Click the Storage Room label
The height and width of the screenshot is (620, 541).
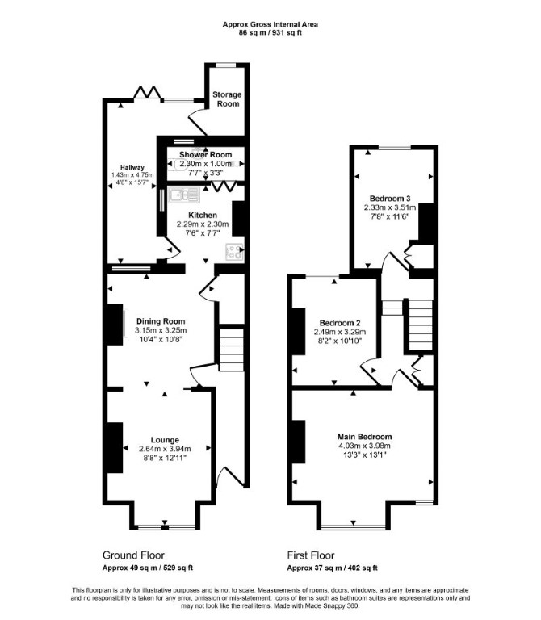coord(227,98)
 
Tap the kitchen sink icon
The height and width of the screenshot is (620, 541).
coord(184,195)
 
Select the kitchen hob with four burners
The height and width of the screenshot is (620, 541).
coord(234,252)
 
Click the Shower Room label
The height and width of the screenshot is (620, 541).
coord(205,155)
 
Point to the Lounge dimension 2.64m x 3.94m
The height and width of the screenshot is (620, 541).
coord(165,449)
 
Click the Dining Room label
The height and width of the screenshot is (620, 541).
coord(161,321)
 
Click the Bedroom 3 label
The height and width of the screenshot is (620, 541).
coord(390,199)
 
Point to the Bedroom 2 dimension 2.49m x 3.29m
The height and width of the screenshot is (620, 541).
coord(340,332)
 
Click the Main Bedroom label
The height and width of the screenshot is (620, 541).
coord(365,437)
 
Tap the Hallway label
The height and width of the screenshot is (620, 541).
coord(132,168)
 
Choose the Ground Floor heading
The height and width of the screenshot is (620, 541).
coord(133,555)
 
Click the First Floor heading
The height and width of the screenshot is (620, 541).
coord(311,555)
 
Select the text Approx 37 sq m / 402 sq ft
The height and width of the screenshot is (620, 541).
coord(332,568)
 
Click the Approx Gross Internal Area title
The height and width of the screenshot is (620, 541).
coord(270,24)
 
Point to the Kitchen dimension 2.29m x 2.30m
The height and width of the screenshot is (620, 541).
coord(203,224)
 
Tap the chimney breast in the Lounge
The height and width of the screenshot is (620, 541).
coord(115,447)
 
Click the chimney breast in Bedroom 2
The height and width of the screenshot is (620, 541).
coord(298,331)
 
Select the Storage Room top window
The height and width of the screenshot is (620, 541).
coord(226,65)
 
